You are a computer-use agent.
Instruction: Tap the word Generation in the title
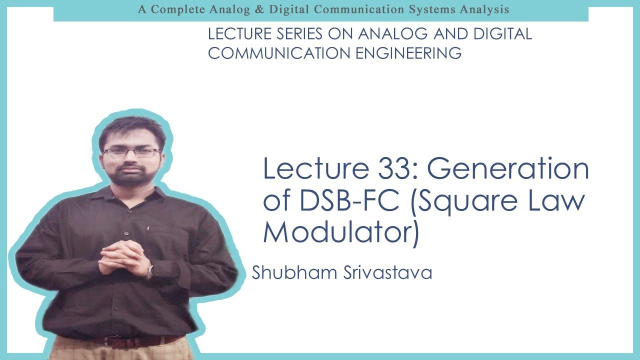508,169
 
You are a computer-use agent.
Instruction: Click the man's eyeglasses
131,153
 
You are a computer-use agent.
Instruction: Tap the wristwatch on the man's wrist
149,271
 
